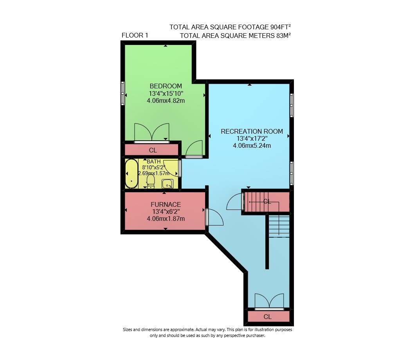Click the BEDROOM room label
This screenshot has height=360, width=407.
[x=166, y=86]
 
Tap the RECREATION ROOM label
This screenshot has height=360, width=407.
[x=252, y=131]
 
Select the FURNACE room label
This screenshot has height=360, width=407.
[x=166, y=204]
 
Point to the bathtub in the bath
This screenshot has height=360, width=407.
[x=131, y=174]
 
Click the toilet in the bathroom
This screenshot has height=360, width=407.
[x=151, y=181]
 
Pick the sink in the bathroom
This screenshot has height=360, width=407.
[x=167, y=184]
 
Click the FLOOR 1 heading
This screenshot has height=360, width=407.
[x=135, y=35]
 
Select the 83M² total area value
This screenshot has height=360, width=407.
[x=283, y=36]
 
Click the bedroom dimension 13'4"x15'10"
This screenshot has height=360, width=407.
[x=166, y=93]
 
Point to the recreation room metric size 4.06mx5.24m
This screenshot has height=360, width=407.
[x=252, y=146]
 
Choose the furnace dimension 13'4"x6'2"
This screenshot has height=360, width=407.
[x=166, y=211]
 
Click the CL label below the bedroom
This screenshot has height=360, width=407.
[x=153, y=150]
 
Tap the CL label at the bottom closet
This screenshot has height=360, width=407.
[x=268, y=317]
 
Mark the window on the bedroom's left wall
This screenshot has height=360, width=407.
[x=123, y=93]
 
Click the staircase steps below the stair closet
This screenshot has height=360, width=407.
[x=279, y=226]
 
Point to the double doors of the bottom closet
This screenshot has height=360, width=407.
[x=269, y=301]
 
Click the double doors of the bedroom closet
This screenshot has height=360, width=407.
[x=151, y=132]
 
